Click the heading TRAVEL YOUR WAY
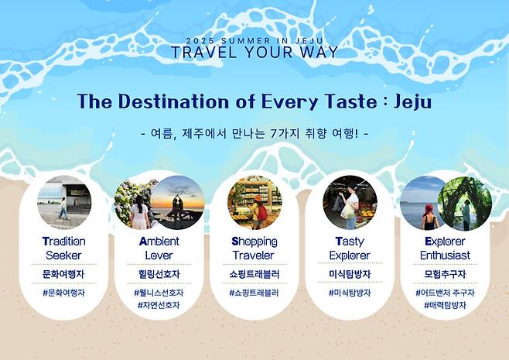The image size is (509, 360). tap(254, 53)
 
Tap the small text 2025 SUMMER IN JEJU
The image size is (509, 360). tap(254, 39)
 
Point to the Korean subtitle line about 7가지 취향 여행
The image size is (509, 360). tap(254, 132)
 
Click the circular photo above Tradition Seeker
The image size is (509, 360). tap(63, 203)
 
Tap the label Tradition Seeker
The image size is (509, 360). tap(63, 248)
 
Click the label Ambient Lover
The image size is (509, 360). tap(159, 248)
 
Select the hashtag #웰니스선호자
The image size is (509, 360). tap(159, 293)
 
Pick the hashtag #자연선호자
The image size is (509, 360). tap(159, 306)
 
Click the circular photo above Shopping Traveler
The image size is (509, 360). tap(254, 203)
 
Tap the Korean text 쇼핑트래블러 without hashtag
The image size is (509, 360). tap(254, 273)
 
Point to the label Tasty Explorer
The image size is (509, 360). tap(350, 248)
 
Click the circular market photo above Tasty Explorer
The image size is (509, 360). tap(350, 203)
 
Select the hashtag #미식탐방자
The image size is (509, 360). tap(350, 293)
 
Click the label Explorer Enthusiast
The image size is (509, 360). tap(445, 248)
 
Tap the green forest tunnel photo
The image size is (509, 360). tap(464, 203)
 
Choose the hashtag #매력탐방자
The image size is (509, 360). tap(445, 306)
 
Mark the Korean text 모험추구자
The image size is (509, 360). tap(445, 273)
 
